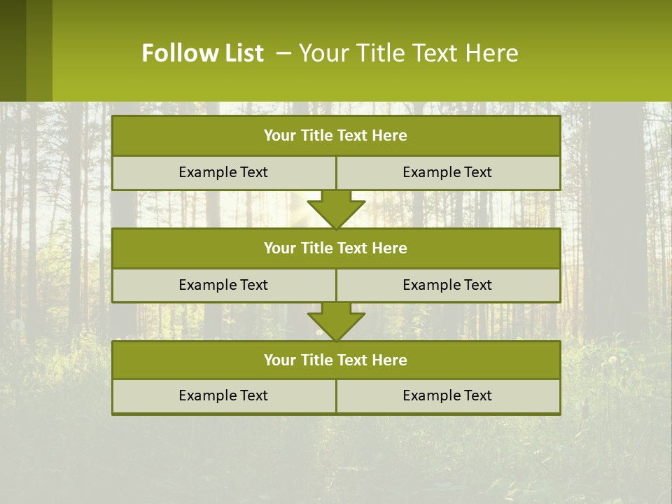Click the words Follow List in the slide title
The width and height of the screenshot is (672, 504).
(202, 53)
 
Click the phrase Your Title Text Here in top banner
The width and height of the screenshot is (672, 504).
(408, 53)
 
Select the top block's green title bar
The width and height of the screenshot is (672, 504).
(336, 136)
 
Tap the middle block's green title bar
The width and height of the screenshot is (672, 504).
(336, 248)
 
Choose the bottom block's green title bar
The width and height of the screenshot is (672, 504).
(336, 360)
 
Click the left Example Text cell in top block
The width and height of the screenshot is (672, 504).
(223, 172)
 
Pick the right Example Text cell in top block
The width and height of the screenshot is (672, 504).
(447, 172)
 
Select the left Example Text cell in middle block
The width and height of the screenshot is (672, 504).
(223, 285)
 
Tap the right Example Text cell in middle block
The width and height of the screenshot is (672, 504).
(447, 285)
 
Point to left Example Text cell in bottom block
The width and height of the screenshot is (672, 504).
(223, 396)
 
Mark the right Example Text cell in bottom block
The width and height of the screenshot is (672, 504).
(447, 396)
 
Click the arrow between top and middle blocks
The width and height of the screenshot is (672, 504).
(336, 209)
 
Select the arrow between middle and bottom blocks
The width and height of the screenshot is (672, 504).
(336, 321)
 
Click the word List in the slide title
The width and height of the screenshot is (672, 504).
(240, 53)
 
